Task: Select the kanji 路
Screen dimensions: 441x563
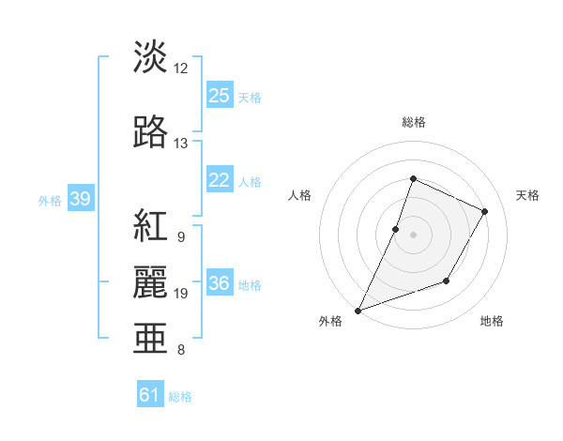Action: [x=151, y=132]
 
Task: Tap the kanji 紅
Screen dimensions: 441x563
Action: [x=151, y=226]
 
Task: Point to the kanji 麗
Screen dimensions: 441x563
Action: [x=151, y=281]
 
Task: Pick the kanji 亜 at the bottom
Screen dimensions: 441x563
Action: [x=151, y=338]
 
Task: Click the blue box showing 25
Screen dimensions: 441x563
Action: [x=220, y=96]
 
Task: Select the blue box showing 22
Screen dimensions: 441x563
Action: [x=220, y=180]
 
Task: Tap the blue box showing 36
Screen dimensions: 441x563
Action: [x=220, y=284]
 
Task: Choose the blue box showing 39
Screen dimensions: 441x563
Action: [x=80, y=200]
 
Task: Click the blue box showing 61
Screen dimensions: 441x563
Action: [x=150, y=395]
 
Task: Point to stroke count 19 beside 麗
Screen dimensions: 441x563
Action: [x=181, y=294]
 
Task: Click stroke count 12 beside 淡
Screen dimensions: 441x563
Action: [x=181, y=68]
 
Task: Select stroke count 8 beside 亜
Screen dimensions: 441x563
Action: [x=181, y=350]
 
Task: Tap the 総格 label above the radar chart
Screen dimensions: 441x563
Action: [x=413, y=122]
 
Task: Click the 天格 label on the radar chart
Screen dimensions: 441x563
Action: [x=528, y=195]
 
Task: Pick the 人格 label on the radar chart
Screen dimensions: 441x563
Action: [x=299, y=195]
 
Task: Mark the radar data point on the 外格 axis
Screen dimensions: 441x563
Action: [x=358, y=310]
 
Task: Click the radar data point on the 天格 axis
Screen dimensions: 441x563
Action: [x=484, y=211]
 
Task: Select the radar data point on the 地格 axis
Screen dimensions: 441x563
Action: [x=447, y=281]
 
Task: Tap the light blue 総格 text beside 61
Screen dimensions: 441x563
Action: [x=180, y=397]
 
